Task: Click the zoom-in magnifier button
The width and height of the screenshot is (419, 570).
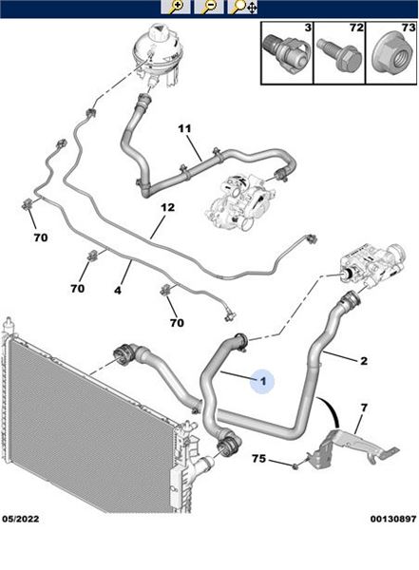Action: (176, 7)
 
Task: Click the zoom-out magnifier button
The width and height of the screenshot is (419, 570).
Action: (208, 7)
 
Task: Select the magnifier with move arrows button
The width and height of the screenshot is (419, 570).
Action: (242, 7)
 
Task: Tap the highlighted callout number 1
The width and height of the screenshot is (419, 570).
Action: (263, 381)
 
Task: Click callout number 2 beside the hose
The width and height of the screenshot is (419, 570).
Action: (364, 361)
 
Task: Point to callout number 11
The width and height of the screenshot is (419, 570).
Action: (184, 128)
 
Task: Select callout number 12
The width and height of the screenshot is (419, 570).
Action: (167, 207)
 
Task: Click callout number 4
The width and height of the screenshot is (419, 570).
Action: (118, 291)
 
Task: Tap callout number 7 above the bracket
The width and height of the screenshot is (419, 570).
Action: (364, 408)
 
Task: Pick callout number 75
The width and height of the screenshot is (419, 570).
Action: (259, 459)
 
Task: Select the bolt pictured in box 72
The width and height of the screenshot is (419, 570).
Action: (339, 55)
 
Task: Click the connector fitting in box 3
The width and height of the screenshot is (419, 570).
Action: (286, 53)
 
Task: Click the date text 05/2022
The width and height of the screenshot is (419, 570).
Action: (20, 519)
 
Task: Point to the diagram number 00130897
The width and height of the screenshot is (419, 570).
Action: (393, 519)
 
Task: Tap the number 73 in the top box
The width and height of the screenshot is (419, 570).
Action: (409, 28)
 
